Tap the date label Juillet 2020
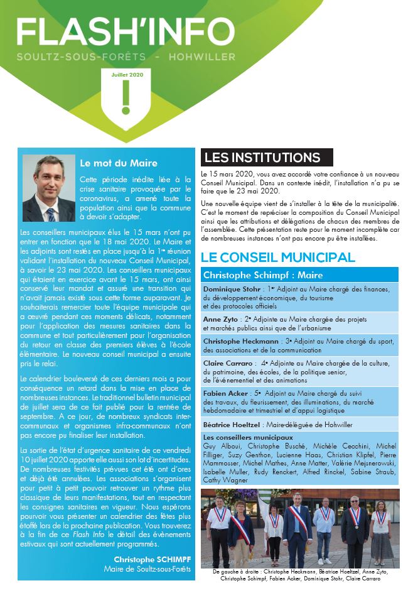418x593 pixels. (x=127, y=74)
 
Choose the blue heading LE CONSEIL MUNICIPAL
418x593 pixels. (x=278, y=258)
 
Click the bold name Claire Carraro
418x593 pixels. (x=225, y=362)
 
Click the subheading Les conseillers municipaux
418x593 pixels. (x=248, y=437)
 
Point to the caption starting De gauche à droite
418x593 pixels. (x=300, y=575)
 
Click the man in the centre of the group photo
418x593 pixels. (x=297, y=531)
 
